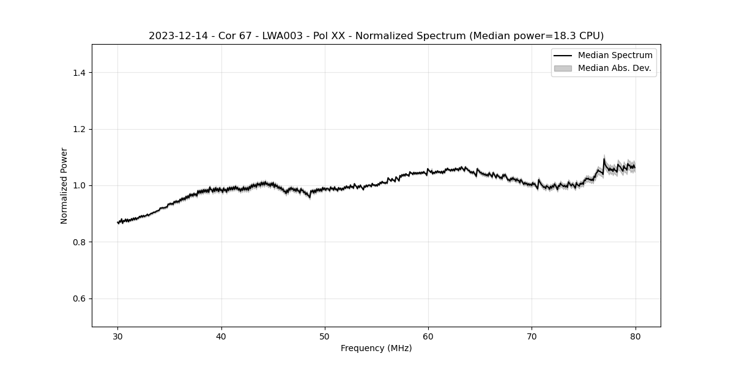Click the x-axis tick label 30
[x=118, y=336]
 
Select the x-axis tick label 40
[x=221, y=336]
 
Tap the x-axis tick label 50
[x=325, y=336]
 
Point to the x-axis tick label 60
[x=428, y=336]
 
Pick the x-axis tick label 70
[x=532, y=336]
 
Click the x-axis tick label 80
[x=635, y=336]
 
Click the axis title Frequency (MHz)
[x=376, y=348]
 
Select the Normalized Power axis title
[x=64, y=185]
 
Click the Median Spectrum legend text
[x=615, y=56]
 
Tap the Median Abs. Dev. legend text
[x=614, y=68]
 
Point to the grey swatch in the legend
[x=562, y=68]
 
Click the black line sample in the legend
[x=562, y=56]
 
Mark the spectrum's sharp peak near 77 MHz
[x=604, y=160]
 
